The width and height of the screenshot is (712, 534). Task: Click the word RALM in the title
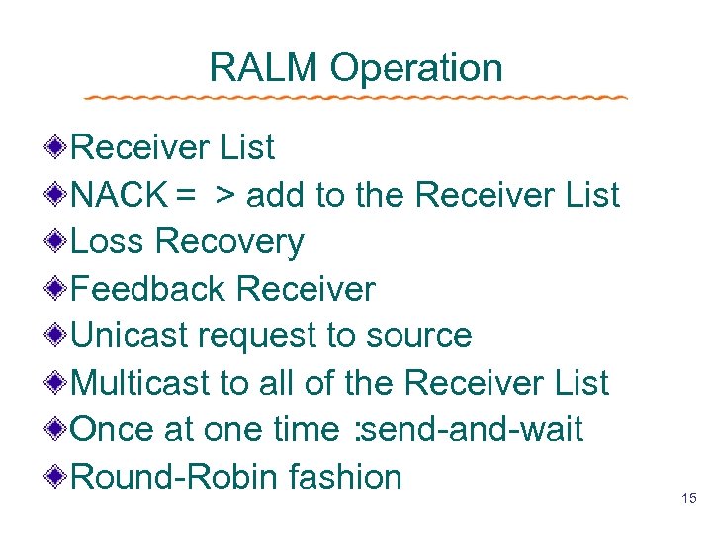click(264, 68)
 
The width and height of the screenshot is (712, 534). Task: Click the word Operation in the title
click(416, 68)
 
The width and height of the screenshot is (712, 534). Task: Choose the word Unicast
click(132, 335)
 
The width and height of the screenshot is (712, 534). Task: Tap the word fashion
click(345, 477)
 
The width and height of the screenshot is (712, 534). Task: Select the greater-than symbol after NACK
click(226, 196)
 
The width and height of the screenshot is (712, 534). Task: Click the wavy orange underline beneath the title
click(356, 98)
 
